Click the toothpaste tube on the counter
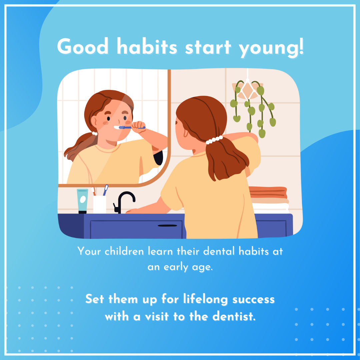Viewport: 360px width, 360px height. click(82, 201)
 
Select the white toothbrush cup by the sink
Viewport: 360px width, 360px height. click(100, 204)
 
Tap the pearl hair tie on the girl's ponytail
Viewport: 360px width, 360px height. click(214, 140)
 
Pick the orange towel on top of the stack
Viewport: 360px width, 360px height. click(268, 192)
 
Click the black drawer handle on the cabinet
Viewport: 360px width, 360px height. click(167, 226)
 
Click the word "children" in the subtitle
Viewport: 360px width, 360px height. click(124, 251)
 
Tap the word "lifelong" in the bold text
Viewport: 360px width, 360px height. click(205, 299)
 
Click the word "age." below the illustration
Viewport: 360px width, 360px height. click(203, 267)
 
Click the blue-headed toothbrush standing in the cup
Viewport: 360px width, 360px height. click(105, 190)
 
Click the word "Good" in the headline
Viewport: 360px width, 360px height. click(83, 47)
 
